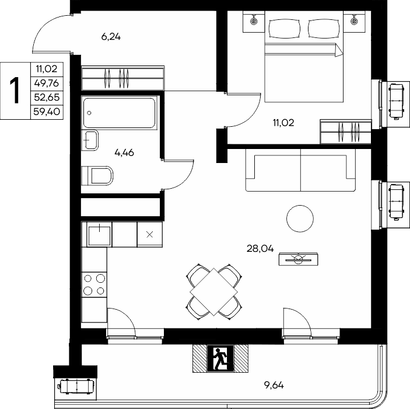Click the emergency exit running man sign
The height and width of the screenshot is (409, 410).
220,358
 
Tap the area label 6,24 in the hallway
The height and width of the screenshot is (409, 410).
111,37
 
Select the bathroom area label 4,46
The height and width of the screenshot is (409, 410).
124,152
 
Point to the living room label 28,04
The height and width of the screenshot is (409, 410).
260,248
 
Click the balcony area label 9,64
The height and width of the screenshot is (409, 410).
274,385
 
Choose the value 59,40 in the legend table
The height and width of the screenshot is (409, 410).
47,112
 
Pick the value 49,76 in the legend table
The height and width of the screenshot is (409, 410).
47,84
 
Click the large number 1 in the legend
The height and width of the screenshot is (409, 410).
15,91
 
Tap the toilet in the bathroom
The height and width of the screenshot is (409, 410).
97,175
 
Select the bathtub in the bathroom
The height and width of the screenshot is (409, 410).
119,113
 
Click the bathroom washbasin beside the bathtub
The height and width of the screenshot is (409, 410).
90,140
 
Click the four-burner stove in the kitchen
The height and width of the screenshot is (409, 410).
94,285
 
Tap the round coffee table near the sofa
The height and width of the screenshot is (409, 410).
300,219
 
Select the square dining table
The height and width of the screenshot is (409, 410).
214,292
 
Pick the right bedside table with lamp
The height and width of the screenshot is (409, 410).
355,22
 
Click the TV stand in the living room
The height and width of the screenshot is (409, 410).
299,259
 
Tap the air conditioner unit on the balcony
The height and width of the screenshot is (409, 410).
76,386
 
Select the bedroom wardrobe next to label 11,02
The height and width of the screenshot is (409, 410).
346,132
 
